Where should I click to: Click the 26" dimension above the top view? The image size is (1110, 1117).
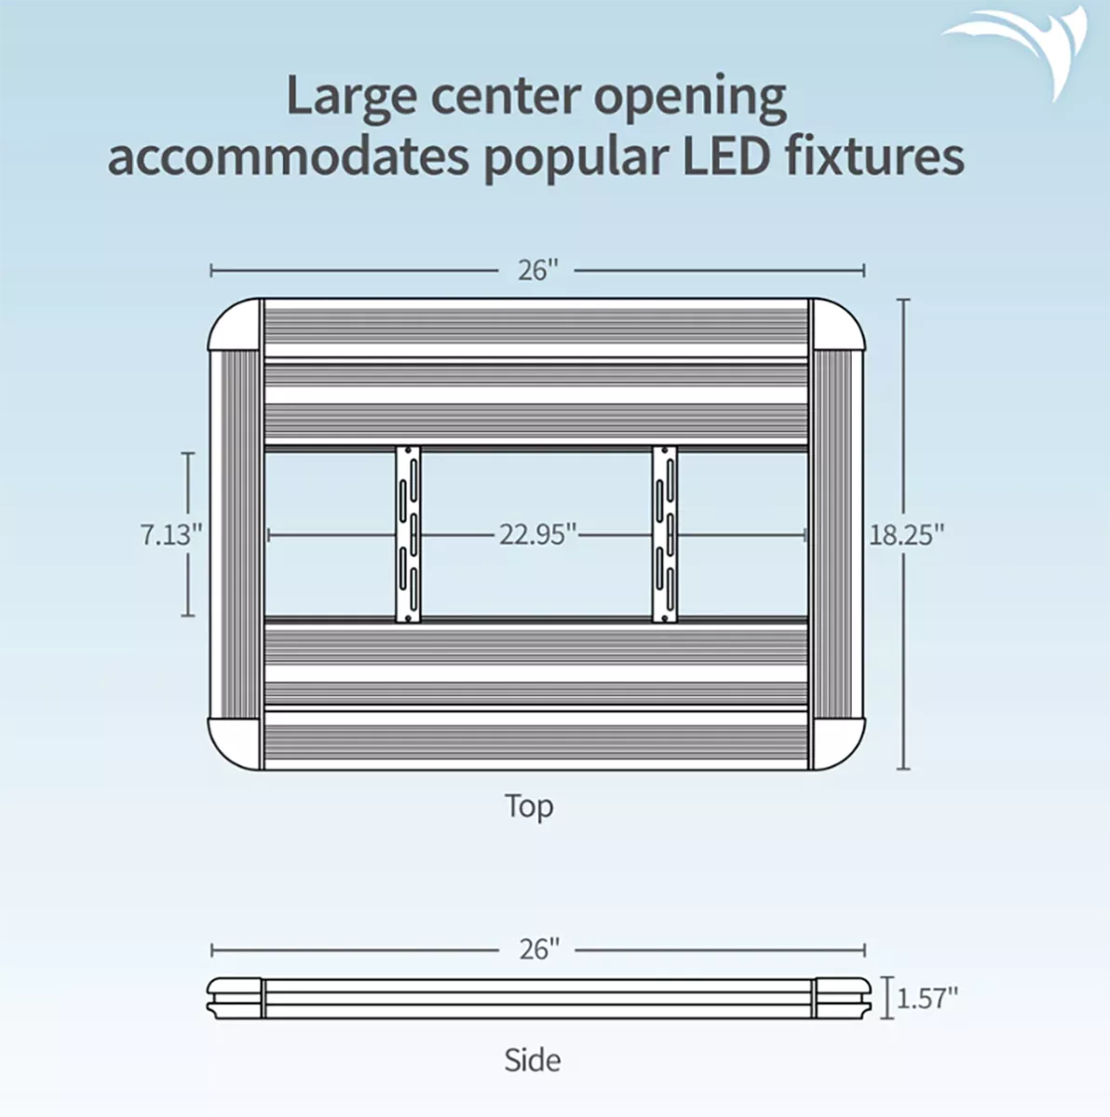pyautogui.click(x=537, y=270)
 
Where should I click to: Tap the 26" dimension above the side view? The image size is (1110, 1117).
pyautogui.click(x=539, y=949)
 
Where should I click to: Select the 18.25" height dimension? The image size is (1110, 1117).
pyautogui.click(x=906, y=534)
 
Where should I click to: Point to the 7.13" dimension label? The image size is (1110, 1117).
pyautogui.click(x=171, y=534)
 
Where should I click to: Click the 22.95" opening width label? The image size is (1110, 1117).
pyautogui.click(x=539, y=534)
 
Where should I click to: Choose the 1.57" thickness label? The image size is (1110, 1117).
pyautogui.click(x=927, y=998)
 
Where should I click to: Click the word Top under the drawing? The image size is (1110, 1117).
pyautogui.click(x=529, y=806)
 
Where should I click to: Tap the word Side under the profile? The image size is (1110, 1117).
pyautogui.click(x=533, y=1059)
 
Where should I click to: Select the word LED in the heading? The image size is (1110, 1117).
pyautogui.click(x=725, y=156)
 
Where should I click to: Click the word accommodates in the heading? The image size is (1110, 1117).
pyautogui.click(x=288, y=157)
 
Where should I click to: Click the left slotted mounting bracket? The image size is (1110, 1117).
pyautogui.click(x=408, y=534)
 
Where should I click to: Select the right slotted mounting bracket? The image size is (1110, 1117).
pyautogui.click(x=665, y=534)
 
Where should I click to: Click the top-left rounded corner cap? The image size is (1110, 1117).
pyautogui.click(x=235, y=325)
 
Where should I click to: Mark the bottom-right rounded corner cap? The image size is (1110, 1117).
pyautogui.click(x=838, y=744)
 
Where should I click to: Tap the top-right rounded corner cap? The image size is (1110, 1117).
pyautogui.click(x=838, y=325)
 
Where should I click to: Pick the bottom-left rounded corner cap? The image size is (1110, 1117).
pyautogui.click(x=235, y=744)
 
